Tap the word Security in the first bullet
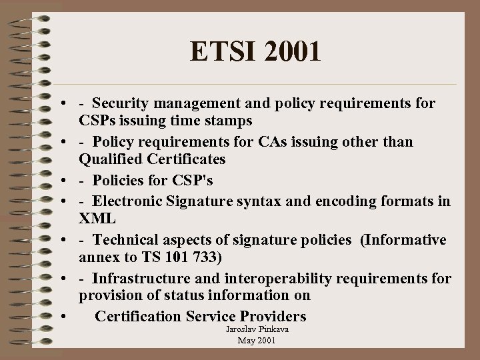click(121, 103)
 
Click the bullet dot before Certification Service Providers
click(61, 315)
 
